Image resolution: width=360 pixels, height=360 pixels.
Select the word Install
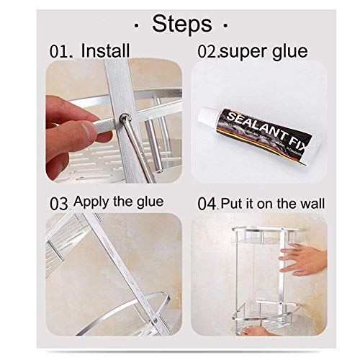pyautogui.click(x=105, y=50)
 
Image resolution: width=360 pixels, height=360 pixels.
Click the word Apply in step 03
pyautogui.click(x=90, y=201)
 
